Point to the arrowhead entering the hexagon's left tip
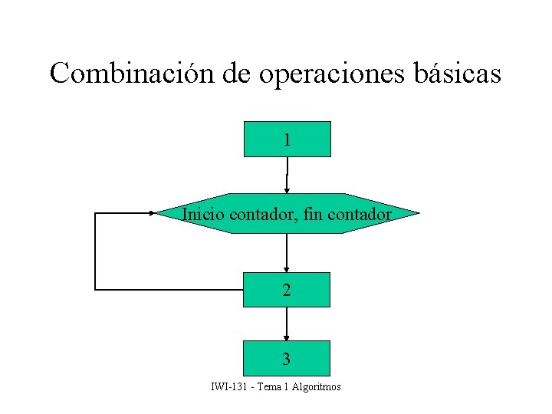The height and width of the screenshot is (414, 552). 152,213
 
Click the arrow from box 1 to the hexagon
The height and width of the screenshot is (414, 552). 287,175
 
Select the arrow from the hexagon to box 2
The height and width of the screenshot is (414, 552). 287,252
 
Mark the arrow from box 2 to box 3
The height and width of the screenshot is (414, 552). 287,324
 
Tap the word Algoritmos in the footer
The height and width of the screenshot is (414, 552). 316,386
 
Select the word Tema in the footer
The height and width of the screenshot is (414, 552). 269,386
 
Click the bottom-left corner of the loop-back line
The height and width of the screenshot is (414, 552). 95,289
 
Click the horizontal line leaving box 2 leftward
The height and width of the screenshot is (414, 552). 169,289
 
